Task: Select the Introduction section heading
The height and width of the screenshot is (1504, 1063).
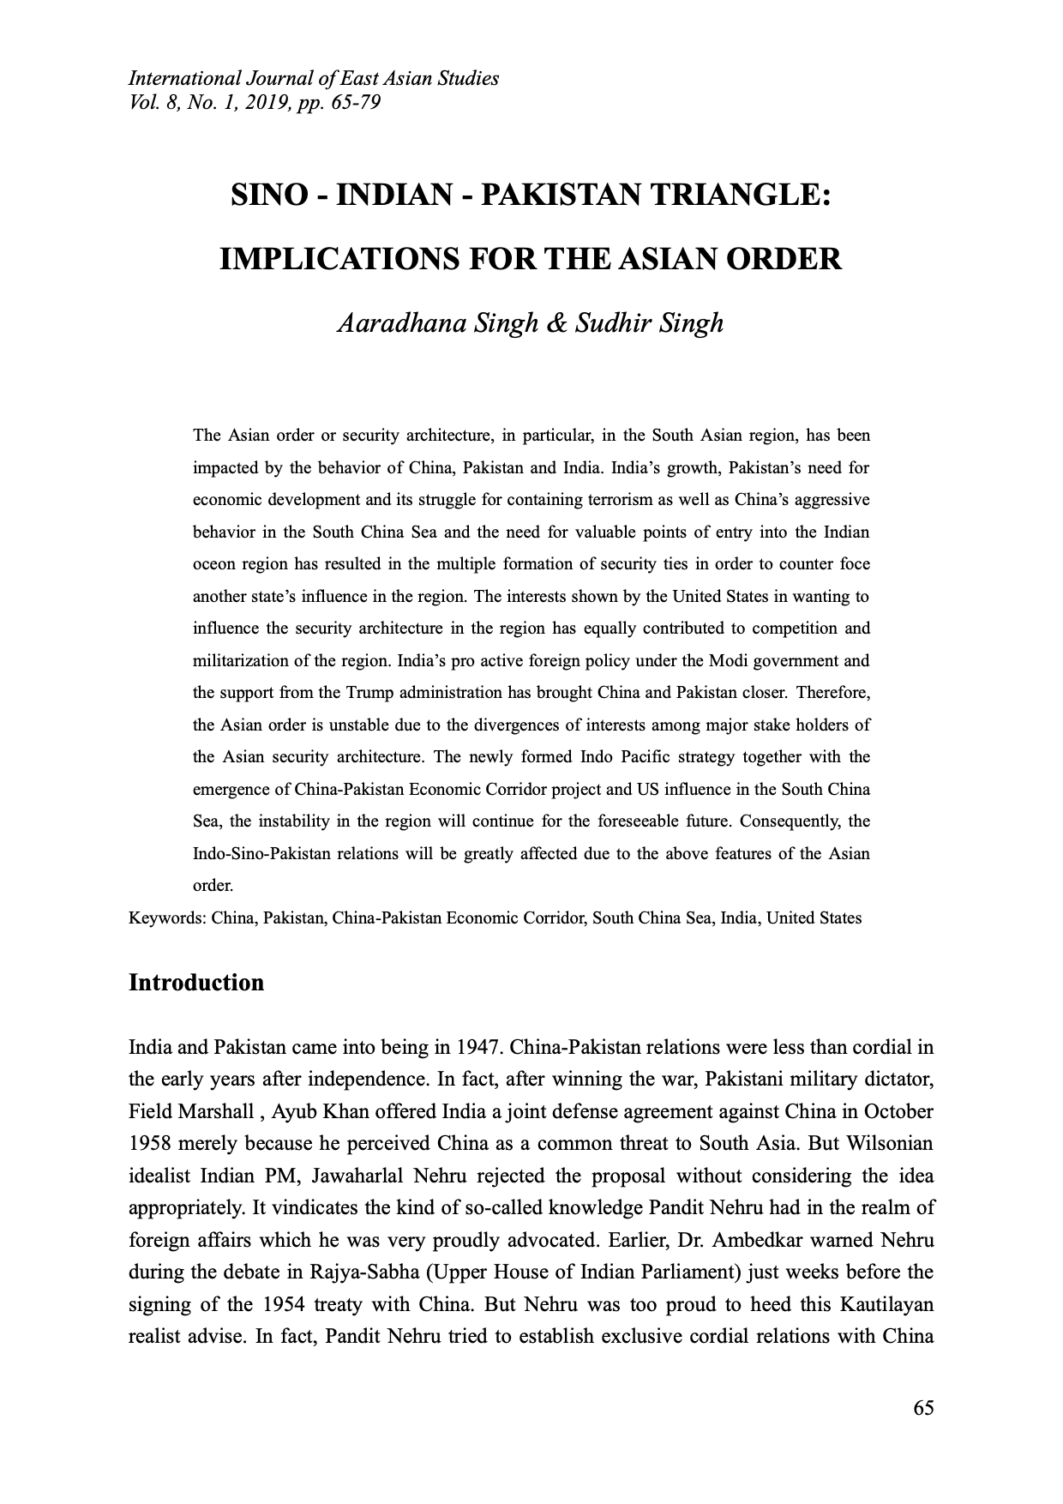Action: [x=196, y=982]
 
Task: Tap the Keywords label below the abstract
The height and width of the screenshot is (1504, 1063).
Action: [x=166, y=917]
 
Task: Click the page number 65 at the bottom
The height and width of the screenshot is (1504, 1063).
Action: [x=923, y=1407]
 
